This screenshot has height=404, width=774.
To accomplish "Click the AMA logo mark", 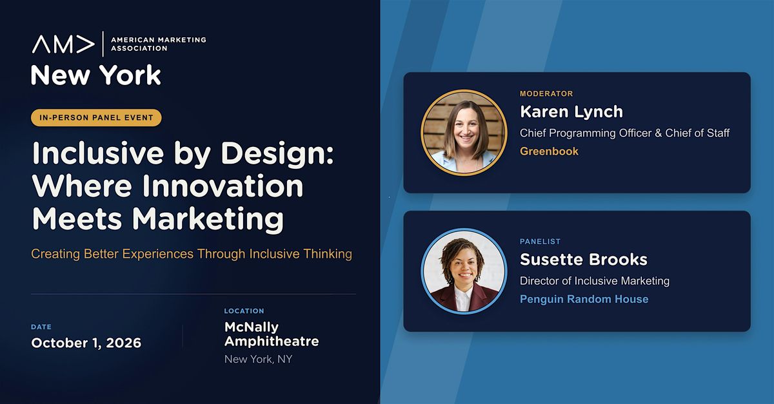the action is (63, 44).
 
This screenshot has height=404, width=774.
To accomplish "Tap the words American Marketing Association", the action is (158, 44).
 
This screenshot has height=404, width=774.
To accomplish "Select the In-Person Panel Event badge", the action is (96, 118).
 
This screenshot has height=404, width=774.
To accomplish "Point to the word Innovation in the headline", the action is (223, 186).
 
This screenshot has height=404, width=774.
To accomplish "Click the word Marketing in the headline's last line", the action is (208, 219).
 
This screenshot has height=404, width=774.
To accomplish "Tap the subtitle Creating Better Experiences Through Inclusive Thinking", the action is (192, 254).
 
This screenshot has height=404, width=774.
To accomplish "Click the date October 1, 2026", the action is (86, 343).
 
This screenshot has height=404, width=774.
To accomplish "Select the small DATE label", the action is (41, 327).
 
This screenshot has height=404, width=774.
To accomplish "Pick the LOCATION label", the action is (244, 311).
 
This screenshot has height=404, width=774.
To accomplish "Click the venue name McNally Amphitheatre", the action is (272, 334).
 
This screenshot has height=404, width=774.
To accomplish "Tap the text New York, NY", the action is (258, 359).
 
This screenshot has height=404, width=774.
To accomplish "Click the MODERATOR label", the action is (546, 93).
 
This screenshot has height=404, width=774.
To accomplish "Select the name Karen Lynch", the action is (571, 111).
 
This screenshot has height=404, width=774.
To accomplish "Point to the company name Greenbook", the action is (549, 151).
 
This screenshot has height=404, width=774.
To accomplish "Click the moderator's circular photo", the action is (464, 133).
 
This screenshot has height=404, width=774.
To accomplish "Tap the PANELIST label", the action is (540, 242).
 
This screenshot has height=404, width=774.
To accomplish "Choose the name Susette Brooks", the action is (584, 260).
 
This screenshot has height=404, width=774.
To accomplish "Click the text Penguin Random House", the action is (584, 299).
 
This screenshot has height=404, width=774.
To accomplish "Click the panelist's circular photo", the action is (464, 271).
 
